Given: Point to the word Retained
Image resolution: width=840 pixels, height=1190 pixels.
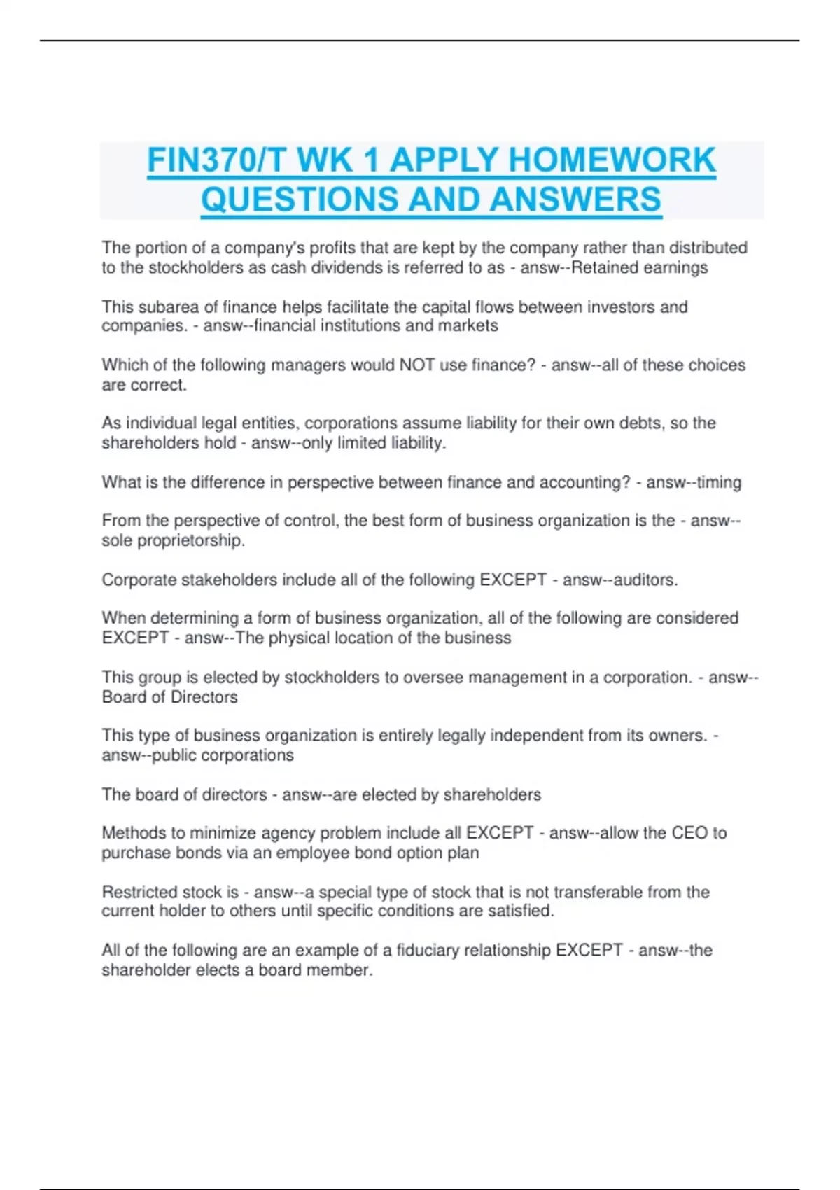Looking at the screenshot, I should coord(601,267).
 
